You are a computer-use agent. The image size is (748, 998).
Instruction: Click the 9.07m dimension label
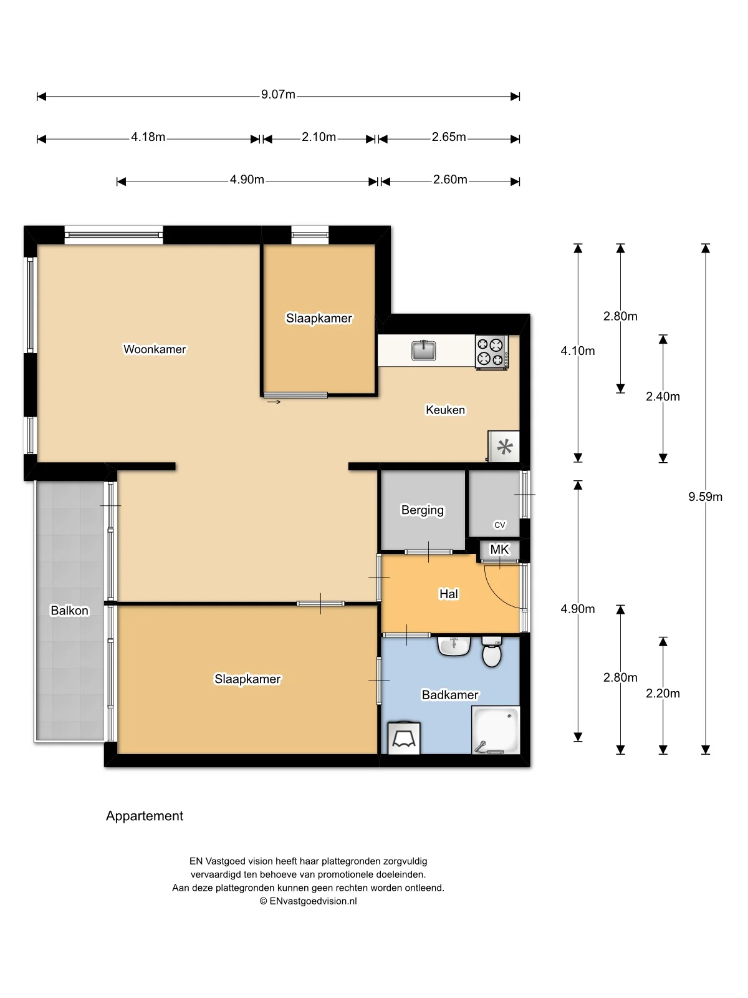pos(278,95)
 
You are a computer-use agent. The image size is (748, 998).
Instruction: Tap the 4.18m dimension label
pos(148,137)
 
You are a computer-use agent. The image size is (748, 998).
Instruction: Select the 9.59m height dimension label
pos(705,497)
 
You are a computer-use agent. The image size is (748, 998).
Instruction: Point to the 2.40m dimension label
pos(663,396)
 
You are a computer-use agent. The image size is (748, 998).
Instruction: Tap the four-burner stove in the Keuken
pos(491,351)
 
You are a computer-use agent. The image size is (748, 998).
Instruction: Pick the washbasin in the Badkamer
pos(454,646)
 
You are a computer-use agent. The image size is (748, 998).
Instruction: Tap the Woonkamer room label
pos(155,349)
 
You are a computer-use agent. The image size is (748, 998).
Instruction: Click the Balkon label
pos(69,611)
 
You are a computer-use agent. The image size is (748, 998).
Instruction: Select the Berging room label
pos(423,510)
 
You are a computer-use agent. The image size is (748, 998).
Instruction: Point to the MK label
pos(500,550)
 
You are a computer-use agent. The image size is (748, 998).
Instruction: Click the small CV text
pos(500,525)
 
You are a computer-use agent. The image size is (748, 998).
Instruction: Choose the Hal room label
pos(449,594)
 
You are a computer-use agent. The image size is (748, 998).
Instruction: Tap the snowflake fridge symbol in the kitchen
pos(504,447)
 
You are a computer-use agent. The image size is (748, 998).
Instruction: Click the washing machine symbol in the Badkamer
pos(404,739)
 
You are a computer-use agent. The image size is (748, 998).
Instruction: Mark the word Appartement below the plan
pos(145,816)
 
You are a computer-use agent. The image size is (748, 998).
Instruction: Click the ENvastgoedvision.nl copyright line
pos(308,901)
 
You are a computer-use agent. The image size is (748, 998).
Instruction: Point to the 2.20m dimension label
pos(663,693)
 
